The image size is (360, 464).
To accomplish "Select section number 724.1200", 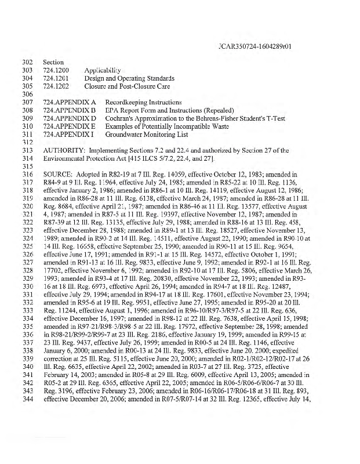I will pyautogui.click(x=56, y=70).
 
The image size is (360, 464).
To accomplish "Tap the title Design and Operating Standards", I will pyautogui.click(x=129, y=78).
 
